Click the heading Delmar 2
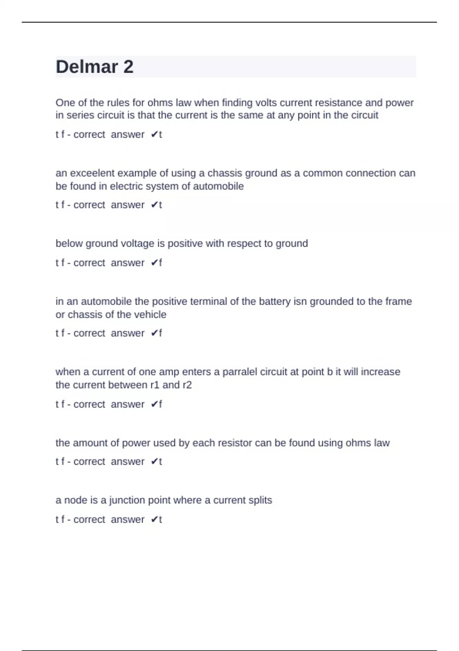(x=94, y=67)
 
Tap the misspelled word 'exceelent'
(x=92, y=173)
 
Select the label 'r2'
(x=187, y=385)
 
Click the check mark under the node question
(x=154, y=520)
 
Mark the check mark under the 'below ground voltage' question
(x=154, y=263)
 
